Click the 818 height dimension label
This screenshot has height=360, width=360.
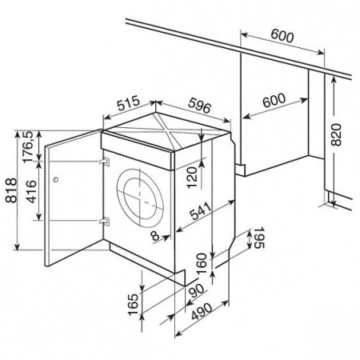[x=11, y=190]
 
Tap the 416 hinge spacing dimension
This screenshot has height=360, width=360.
[x=31, y=191]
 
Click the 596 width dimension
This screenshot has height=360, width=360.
[x=200, y=105]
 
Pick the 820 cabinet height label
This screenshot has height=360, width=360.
[x=336, y=134]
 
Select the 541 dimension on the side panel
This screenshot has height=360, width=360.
[x=200, y=210]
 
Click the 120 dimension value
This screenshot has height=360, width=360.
[x=192, y=178]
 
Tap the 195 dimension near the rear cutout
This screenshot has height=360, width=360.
[x=258, y=238]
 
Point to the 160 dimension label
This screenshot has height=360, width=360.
[x=202, y=264]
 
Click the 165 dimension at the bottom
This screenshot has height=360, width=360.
[x=134, y=305]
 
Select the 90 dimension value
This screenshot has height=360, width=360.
[x=197, y=291]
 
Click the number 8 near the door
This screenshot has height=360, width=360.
[x=155, y=235]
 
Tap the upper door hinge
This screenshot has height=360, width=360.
[x=104, y=162]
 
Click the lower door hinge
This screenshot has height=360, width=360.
[x=104, y=222]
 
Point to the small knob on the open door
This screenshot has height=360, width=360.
[x=55, y=179]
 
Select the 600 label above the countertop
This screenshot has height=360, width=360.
[x=282, y=36]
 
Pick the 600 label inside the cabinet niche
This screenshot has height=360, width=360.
[x=274, y=100]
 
